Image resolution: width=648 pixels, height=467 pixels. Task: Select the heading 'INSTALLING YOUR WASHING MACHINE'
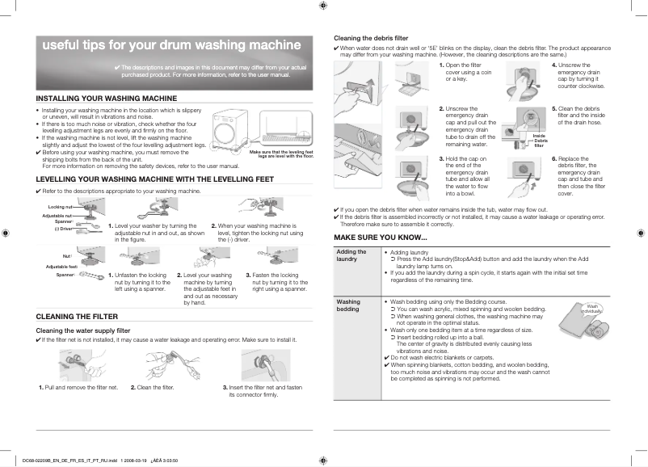pyautogui.click(x=107, y=98)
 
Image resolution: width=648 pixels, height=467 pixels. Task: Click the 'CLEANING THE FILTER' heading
pyautogui.click(x=77, y=316)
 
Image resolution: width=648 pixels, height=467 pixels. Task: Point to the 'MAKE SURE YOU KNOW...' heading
pyautogui.click(x=381, y=237)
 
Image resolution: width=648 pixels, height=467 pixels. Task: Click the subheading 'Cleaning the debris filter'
pyautogui.click(x=371, y=38)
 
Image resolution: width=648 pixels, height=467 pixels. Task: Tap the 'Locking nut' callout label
pyautogui.click(x=60, y=208)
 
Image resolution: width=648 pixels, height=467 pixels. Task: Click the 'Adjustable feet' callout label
pyautogui.click(x=61, y=267)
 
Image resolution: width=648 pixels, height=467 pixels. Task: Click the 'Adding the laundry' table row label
pyautogui.click(x=351, y=255)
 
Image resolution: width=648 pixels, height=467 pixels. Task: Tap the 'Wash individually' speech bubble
pyautogui.click(x=592, y=309)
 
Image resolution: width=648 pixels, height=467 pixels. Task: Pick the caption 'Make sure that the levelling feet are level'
pyautogui.click(x=280, y=154)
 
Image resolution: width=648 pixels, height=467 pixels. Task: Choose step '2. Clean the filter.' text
pyautogui.click(x=153, y=388)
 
